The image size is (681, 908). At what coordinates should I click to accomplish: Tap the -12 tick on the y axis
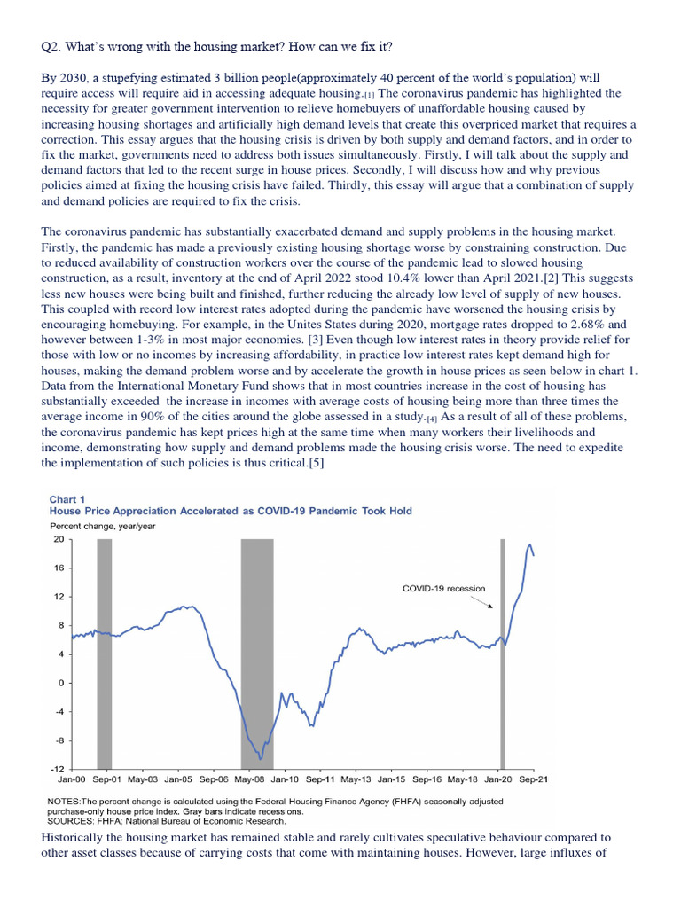56,769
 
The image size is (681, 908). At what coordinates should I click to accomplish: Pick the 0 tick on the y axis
59,683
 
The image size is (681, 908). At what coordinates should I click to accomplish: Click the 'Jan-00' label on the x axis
71,780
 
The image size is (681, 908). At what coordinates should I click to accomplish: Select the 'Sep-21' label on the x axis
533,780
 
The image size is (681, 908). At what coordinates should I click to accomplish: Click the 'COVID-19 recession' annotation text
443,588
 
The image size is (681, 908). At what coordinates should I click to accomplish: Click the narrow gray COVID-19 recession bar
502,652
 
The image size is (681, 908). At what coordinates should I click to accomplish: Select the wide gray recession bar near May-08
257,652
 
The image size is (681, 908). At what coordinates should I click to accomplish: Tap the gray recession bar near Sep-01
104,652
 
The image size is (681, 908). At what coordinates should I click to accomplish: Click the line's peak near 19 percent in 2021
530,544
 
